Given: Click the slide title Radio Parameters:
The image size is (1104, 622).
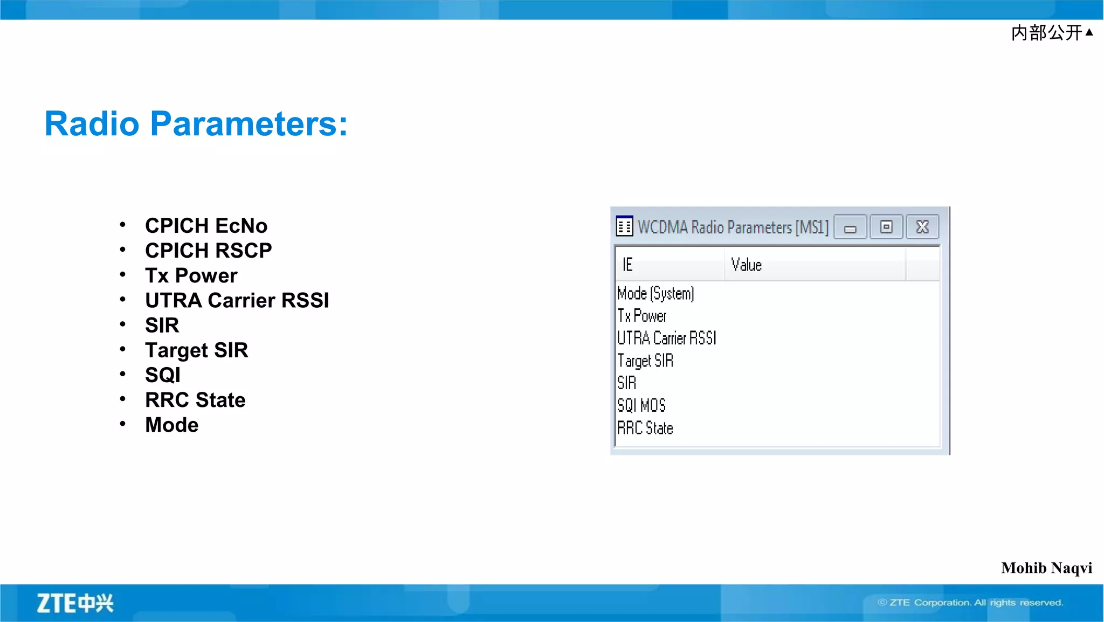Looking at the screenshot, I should [x=196, y=123].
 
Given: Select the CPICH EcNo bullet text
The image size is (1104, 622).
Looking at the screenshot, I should [x=206, y=226].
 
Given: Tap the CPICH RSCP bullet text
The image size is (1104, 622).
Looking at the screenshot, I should [x=208, y=251].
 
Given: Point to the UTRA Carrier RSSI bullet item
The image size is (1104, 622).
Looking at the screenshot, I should [x=237, y=300].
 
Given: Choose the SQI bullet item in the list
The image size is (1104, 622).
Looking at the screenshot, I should [x=162, y=375].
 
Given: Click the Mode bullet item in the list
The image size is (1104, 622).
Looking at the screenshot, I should [x=171, y=425].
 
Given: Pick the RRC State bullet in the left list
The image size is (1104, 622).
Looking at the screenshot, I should [x=195, y=400].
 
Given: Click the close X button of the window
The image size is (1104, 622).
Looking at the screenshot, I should [x=922, y=227].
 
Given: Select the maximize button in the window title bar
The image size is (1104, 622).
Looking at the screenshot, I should [x=886, y=227].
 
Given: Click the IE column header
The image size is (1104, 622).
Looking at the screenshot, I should [x=627, y=265].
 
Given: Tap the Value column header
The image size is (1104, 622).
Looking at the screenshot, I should [x=746, y=265].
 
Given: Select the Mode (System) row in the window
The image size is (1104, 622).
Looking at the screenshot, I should [x=655, y=293].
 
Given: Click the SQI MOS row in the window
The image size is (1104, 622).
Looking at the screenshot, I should [x=641, y=405].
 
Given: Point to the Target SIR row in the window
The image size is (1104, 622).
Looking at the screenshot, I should [x=645, y=361].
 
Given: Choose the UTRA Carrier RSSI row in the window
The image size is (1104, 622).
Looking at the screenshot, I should [x=666, y=338].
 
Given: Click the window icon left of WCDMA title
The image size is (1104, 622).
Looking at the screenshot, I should [x=624, y=226].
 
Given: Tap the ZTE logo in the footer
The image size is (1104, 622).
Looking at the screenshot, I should [x=75, y=603].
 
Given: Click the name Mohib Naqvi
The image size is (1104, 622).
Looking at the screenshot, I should [x=1046, y=568].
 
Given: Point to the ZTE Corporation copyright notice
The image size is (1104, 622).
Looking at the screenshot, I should [x=970, y=603].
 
